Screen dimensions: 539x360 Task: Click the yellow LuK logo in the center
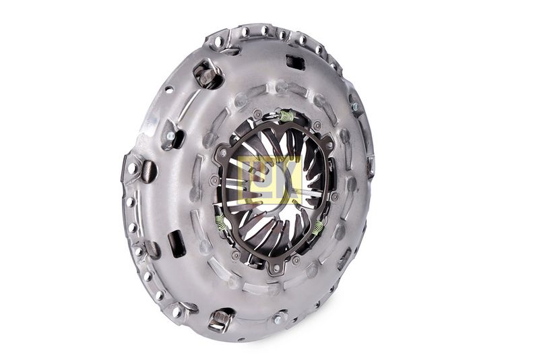click(269, 180)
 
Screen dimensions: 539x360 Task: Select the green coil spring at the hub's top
click(287, 115)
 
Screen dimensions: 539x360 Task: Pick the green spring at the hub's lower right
click(317, 227)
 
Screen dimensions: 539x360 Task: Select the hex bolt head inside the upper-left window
click(205, 76)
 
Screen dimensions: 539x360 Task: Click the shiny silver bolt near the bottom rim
click(278, 319)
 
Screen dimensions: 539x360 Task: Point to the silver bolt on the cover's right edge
click(355, 107)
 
